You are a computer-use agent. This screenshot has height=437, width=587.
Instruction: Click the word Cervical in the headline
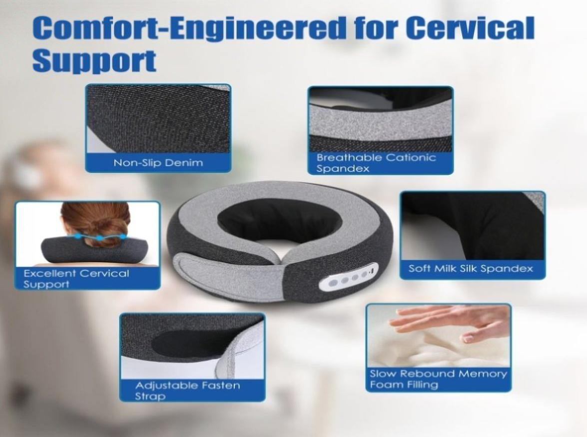(470, 27)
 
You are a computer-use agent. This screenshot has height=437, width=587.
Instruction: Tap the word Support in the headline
(94, 60)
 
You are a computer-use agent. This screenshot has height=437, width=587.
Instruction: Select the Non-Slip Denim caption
(158, 163)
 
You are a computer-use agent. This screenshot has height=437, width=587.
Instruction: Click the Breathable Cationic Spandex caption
(376, 163)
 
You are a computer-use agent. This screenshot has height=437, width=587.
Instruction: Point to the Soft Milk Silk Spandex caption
(471, 268)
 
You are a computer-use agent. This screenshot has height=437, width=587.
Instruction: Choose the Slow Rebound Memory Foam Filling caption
(439, 379)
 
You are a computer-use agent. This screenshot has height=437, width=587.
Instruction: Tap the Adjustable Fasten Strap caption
(187, 391)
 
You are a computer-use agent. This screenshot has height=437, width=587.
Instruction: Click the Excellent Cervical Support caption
(76, 279)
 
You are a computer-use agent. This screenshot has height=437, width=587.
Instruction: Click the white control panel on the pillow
(349, 278)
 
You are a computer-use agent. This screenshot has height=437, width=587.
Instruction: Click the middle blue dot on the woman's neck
(99, 238)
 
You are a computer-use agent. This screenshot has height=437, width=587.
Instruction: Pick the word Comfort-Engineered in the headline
(189, 28)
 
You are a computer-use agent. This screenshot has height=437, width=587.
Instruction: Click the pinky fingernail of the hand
(468, 339)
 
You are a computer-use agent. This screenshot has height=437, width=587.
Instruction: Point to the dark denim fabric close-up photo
(158, 118)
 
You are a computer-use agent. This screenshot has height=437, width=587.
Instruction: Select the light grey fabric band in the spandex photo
(380, 120)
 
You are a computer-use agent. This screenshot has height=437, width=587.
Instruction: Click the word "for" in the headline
(377, 27)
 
